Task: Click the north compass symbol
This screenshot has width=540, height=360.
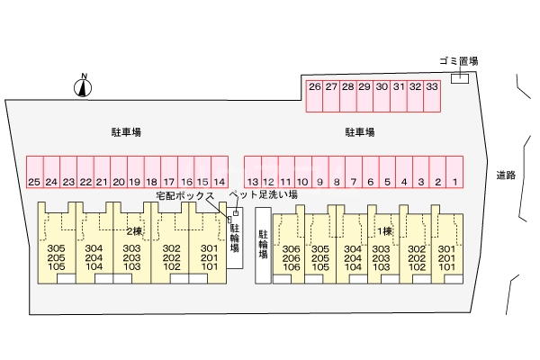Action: (x=83, y=86)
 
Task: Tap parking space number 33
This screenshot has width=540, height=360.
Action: (x=432, y=94)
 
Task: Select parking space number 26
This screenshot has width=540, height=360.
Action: (x=314, y=94)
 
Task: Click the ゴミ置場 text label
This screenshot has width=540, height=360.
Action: (x=458, y=61)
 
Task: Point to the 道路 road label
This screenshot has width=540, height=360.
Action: (x=505, y=175)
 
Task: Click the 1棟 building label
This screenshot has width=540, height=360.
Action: (x=384, y=230)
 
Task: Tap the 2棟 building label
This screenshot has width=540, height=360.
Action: (x=134, y=229)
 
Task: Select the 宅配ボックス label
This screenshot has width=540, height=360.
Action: (x=184, y=195)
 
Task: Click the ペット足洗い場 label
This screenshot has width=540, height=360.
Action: (x=263, y=193)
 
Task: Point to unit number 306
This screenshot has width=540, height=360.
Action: (x=291, y=249)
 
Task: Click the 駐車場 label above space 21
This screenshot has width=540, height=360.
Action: (x=125, y=132)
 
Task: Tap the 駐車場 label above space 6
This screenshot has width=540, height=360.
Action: (x=360, y=132)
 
